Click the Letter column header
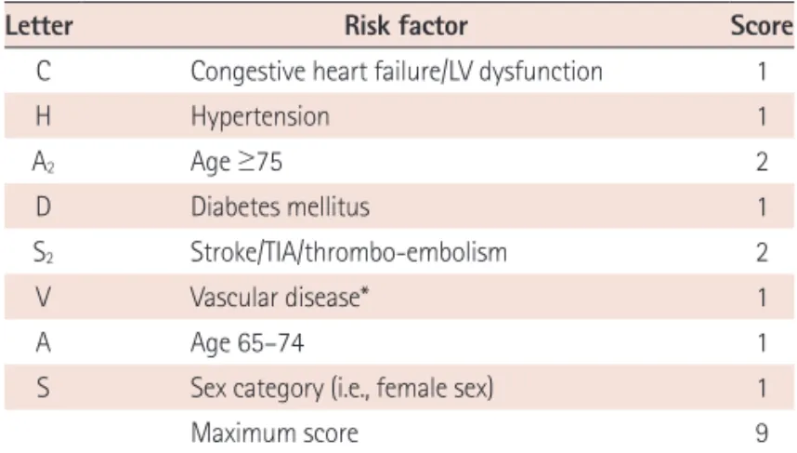click(x=39, y=25)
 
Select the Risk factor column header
click(x=406, y=25)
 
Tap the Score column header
click(x=762, y=25)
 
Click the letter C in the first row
click(x=44, y=71)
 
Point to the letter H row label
click(x=44, y=116)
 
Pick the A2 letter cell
click(x=44, y=163)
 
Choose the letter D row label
click(x=44, y=207)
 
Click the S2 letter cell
click(x=44, y=253)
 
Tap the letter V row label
click(x=44, y=298)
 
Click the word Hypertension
click(x=260, y=117)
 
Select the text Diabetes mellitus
click(x=281, y=207)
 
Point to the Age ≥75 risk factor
click(x=236, y=163)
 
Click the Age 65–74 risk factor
click(x=247, y=343)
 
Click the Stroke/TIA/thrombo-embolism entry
click(x=348, y=252)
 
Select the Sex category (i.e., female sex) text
click(x=342, y=389)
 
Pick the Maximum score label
click(x=274, y=433)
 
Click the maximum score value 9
click(x=762, y=433)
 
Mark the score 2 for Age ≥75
click(x=762, y=162)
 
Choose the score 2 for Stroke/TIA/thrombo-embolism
click(x=762, y=252)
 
